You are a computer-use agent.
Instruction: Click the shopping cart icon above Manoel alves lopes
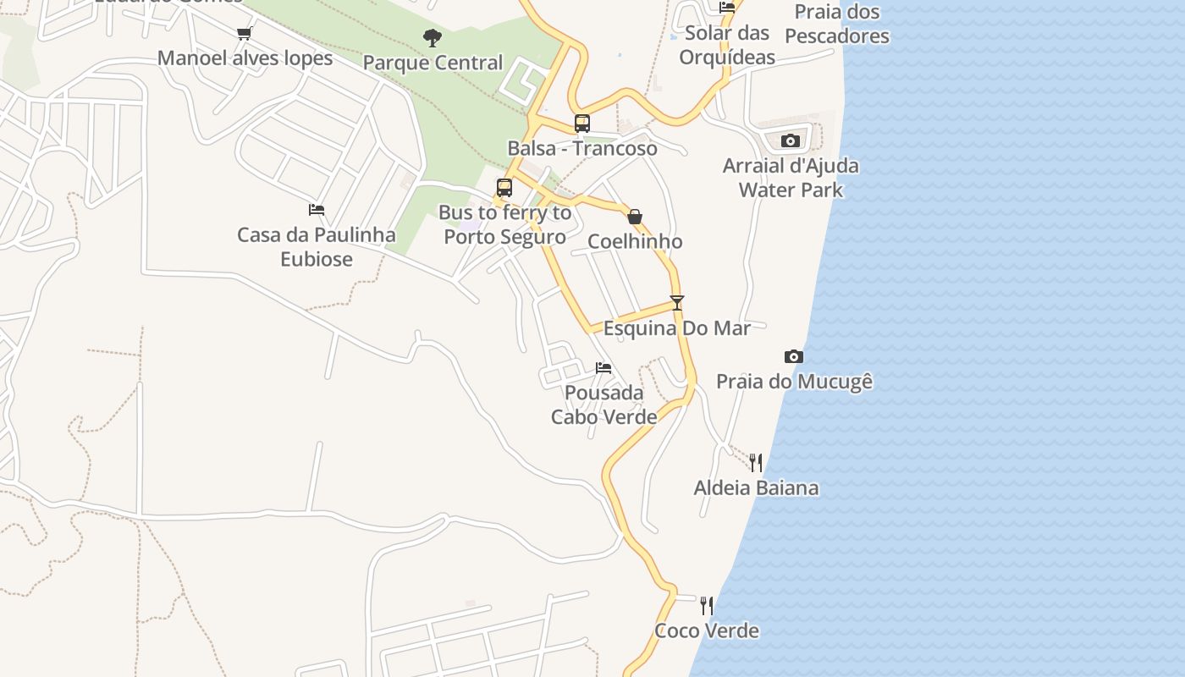click(245, 33)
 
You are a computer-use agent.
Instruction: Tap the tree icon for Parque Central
click(433, 38)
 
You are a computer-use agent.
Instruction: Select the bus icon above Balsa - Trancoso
click(582, 124)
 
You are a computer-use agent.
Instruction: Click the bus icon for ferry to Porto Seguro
click(504, 188)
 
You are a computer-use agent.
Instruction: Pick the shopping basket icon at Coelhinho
click(635, 217)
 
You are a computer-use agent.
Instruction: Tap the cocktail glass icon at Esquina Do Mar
click(676, 302)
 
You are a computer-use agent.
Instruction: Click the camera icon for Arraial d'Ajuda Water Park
click(791, 140)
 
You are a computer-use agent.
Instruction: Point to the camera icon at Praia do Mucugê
click(793, 356)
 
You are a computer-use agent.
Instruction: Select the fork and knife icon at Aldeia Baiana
click(756, 462)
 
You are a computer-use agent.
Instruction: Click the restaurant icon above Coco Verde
click(707, 605)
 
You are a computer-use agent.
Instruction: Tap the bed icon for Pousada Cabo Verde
click(604, 367)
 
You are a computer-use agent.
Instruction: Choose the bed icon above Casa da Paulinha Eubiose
click(317, 209)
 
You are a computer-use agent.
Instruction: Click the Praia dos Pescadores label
click(836, 24)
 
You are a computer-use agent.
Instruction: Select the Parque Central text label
click(433, 63)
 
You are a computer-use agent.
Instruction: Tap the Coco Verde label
click(707, 630)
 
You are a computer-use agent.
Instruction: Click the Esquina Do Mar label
click(676, 328)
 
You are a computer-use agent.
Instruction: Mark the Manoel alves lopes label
click(245, 58)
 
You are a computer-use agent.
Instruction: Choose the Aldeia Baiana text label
click(756, 487)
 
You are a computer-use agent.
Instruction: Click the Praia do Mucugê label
click(794, 382)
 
